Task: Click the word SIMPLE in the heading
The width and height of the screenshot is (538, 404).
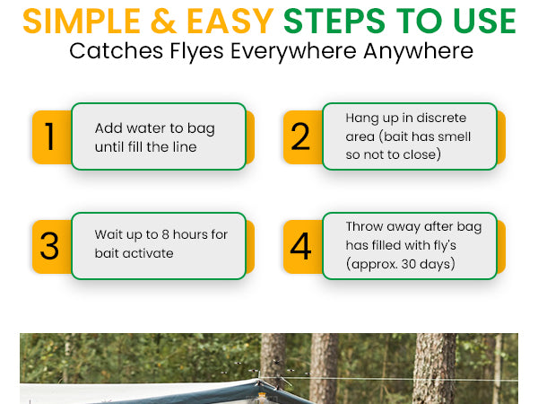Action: [x=82, y=22]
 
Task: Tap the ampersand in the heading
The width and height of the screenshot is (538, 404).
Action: [x=164, y=22]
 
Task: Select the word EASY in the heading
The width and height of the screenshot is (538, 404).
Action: [x=230, y=22]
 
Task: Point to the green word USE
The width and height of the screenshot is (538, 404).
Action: [x=484, y=22]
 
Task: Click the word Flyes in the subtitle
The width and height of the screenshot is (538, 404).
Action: [x=197, y=51]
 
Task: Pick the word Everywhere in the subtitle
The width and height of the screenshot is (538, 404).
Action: [x=293, y=51]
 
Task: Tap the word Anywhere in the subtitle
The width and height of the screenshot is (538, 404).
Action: [x=418, y=51]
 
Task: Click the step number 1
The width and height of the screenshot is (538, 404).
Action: [x=50, y=136]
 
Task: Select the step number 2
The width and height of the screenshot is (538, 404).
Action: [x=300, y=136]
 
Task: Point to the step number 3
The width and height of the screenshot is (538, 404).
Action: [x=49, y=246]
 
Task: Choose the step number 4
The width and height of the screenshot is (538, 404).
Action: [x=300, y=246]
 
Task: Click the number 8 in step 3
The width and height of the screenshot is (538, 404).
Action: [x=165, y=234]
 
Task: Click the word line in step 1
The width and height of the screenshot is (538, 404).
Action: [x=185, y=147]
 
